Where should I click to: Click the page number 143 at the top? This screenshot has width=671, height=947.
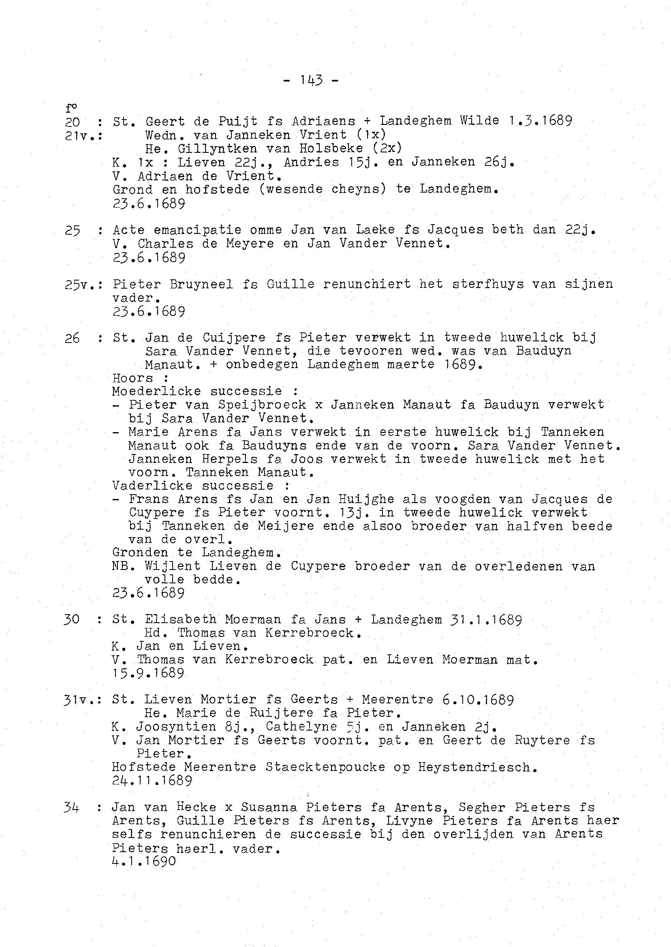pos(311,80)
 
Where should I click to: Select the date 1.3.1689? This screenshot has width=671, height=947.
pos(541,121)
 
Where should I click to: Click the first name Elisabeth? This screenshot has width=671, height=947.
pos(181,619)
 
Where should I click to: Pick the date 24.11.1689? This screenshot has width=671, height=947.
pos(152,780)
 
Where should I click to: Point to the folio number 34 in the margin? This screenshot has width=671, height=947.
pos(71,807)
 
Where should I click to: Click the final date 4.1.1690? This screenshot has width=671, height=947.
pos(144,861)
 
